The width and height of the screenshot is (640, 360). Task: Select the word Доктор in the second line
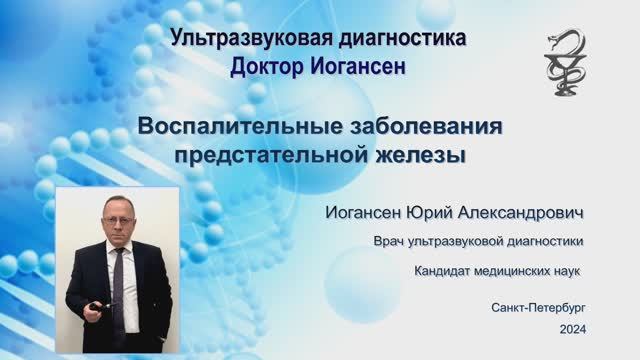(269, 66)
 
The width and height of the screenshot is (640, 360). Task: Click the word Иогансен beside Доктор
(361, 66)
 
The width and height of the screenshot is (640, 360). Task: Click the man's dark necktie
(119, 275)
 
